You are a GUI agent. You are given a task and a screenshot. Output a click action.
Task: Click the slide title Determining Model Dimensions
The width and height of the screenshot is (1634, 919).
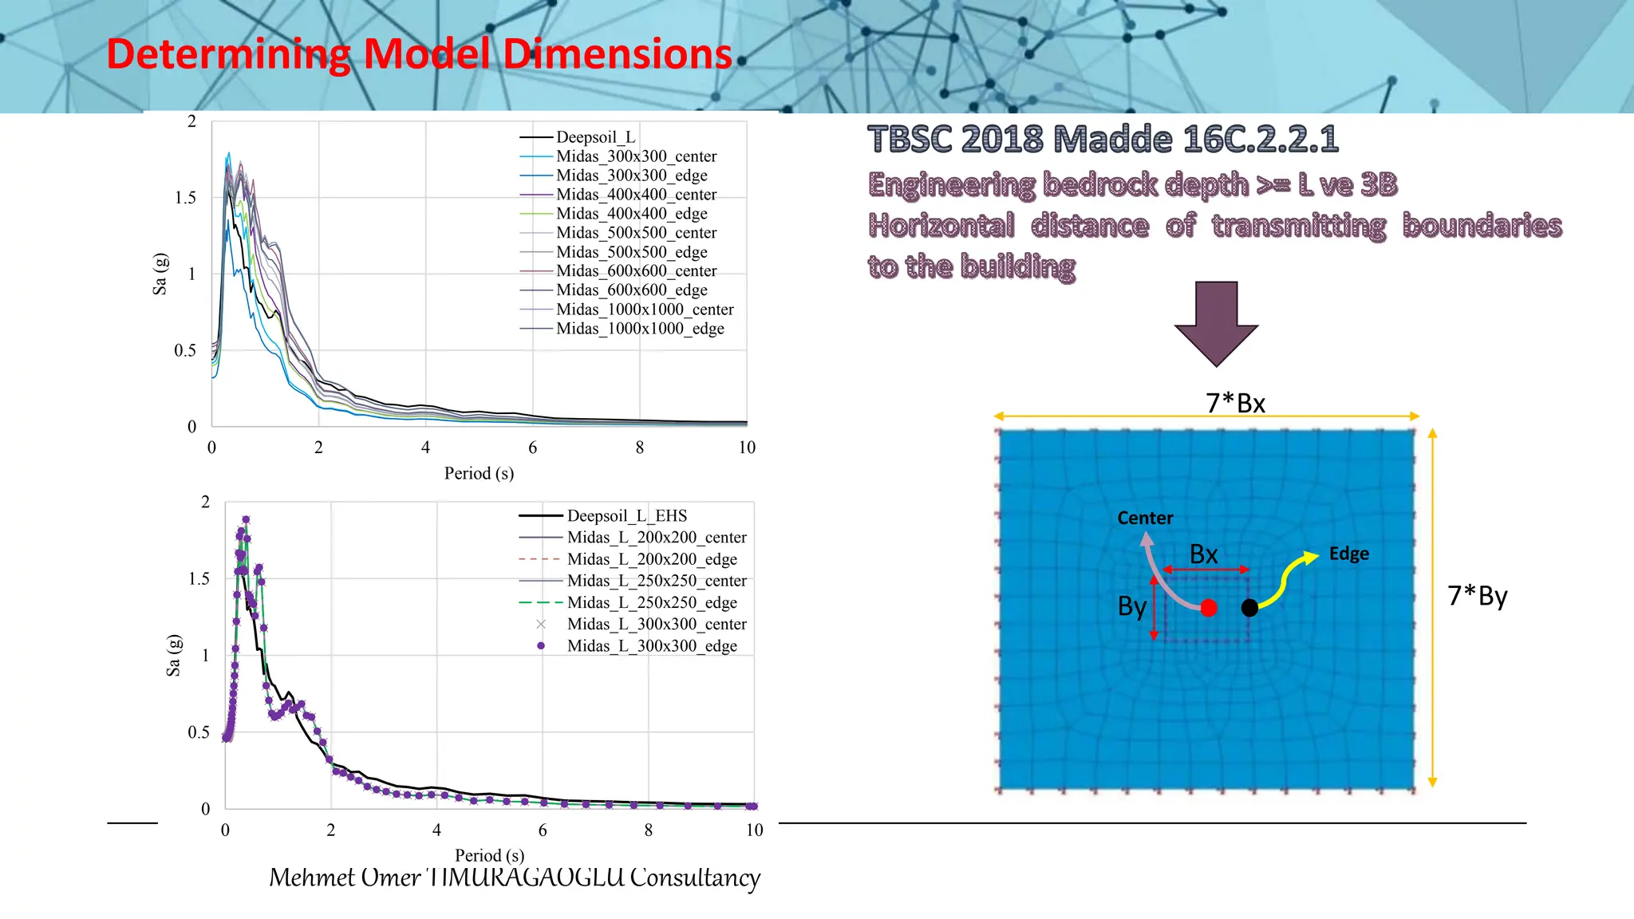(x=419, y=54)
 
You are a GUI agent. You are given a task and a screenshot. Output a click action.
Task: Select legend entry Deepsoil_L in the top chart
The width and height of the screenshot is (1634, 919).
(x=595, y=137)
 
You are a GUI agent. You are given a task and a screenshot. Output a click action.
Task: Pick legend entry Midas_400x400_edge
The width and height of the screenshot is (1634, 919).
(x=631, y=214)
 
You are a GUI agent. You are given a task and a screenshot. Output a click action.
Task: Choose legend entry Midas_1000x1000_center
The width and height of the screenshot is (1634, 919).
(x=645, y=310)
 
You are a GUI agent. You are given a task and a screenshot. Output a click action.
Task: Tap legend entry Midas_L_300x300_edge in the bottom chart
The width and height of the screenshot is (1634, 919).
(x=652, y=646)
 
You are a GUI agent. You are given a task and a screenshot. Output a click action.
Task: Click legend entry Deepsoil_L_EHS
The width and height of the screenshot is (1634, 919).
(x=626, y=516)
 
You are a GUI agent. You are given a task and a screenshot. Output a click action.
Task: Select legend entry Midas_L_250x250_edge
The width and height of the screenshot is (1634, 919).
(x=652, y=602)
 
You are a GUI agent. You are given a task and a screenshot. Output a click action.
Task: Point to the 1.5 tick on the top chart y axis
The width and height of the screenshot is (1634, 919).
(x=185, y=198)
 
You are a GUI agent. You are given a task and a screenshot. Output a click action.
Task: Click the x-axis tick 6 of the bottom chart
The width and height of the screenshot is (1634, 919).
(x=543, y=830)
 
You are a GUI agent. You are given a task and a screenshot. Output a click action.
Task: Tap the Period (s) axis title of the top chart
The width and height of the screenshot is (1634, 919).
(x=479, y=473)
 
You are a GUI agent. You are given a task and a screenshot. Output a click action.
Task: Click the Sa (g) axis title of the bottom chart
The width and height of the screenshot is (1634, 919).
(x=173, y=656)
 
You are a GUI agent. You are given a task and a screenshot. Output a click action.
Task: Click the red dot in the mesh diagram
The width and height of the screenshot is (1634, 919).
(x=1209, y=608)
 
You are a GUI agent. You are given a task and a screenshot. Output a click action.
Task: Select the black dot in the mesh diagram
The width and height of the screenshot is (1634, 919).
(x=1249, y=608)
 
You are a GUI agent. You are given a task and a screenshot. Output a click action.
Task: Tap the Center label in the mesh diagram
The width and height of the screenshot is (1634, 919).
(x=1145, y=518)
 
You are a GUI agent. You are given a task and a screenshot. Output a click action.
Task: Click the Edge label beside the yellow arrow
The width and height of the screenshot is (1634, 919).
(x=1348, y=554)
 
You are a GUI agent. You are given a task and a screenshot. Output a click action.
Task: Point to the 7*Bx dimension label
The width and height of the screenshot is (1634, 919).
(x=1235, y=403)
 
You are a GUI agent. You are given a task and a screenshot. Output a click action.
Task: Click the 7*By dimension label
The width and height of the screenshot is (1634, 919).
(x=1477, y=596)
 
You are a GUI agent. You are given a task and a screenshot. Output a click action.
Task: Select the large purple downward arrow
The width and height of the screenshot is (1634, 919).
(x=1216, y=323)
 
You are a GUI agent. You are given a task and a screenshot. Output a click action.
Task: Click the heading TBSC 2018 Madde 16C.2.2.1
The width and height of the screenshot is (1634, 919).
(x=1103, y=139)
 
